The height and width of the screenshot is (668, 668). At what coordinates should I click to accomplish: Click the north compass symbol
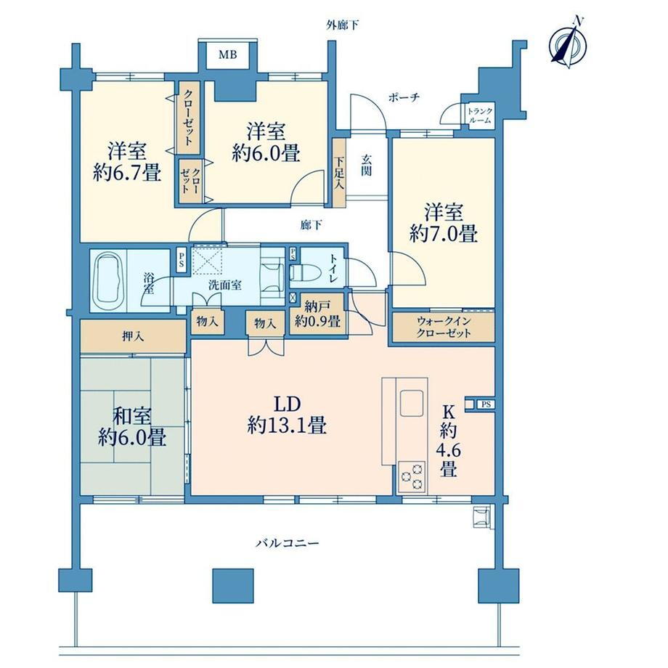click(x=569, y=43)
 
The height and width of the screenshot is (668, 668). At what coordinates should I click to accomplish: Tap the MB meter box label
click(x=228, y=54)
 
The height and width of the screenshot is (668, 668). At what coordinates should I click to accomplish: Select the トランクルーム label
click(x=480, y=115)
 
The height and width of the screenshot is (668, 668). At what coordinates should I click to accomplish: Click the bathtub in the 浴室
click(x=109, y=281)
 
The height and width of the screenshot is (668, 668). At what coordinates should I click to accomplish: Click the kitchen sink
click(x=411, y=402)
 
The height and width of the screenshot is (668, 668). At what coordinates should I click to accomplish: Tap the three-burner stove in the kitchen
click(x=412, y=477)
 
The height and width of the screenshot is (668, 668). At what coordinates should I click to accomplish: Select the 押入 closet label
click(x=133, y=337)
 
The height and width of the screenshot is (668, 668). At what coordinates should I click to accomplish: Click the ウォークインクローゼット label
click(x=444, y=327)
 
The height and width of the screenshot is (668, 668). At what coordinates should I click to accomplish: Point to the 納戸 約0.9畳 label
click(x=317, y=314)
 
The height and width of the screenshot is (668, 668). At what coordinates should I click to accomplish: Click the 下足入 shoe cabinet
click(x=340, y=173)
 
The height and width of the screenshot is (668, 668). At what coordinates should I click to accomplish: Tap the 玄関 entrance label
click(x=367, y=166)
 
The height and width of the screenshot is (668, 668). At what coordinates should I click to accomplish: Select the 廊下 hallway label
click(x=311, y=225)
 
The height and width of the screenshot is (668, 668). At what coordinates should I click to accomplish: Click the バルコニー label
click(x=288, y=543)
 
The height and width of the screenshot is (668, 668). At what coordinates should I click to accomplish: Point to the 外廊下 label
click(x=343, y=25)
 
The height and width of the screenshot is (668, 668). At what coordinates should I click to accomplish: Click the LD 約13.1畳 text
click(x=287, y=415)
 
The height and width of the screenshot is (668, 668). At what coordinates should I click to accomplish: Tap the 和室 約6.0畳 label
click(x=132, y=426)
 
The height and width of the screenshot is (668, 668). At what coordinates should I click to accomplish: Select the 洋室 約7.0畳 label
click(x=444, y=222)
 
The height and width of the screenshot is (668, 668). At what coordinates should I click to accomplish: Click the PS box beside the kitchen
click(x=486, y=404)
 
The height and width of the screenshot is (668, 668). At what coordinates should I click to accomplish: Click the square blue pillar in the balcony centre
click(x=233, y=585)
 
